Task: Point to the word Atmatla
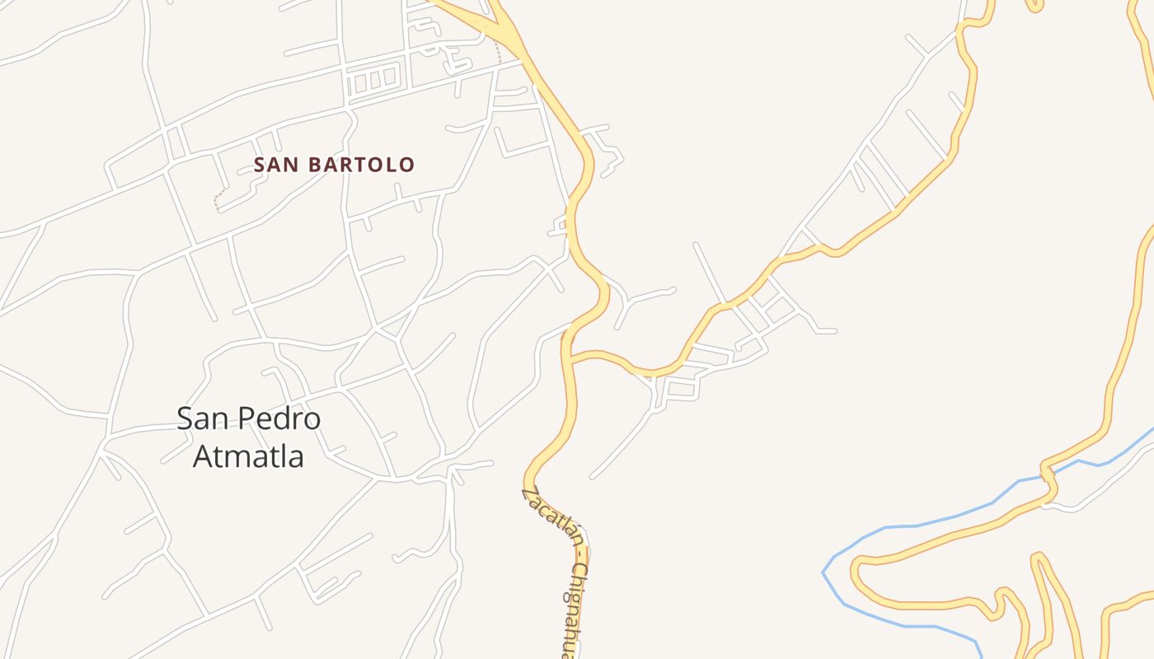[248, 456]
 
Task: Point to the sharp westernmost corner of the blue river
[823, 572]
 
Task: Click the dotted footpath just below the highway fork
[498, 51]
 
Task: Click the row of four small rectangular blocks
[374, 82]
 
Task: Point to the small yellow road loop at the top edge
[1035, 7]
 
